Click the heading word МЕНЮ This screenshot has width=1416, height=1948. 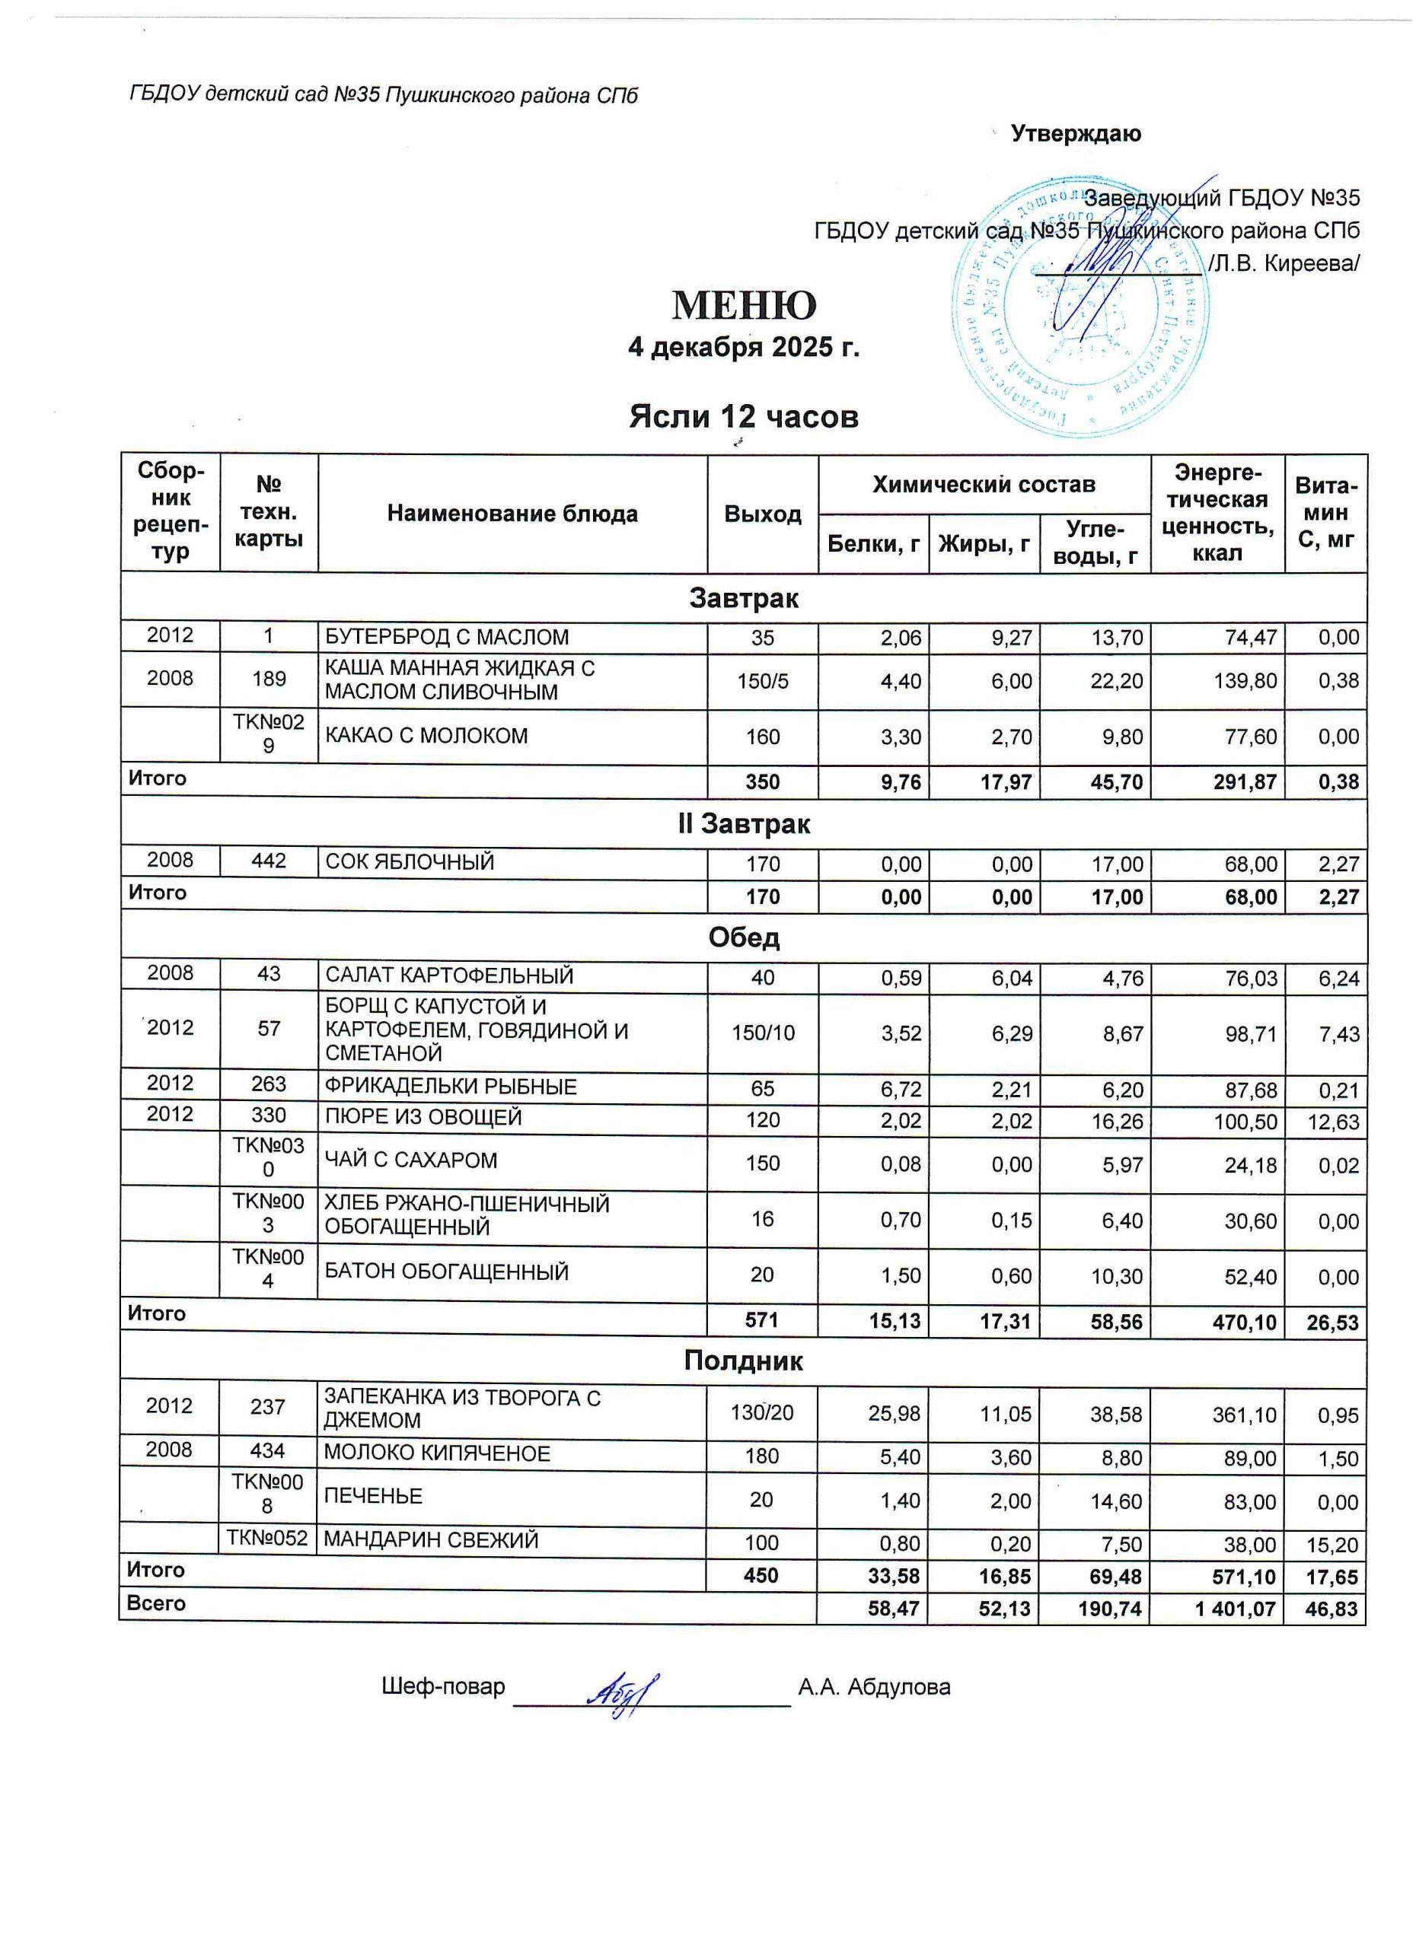pyautogui.click(x=743, y=305)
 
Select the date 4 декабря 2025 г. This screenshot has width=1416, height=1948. pyautogui.click(x=743, y=347)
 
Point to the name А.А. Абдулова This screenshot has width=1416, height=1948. pyautogui.click(x=874, y=1687)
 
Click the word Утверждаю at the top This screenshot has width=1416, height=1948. pyautogui.click(x=1076, y=134)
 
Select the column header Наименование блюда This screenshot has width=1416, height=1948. pyautogui.click(x=512, y=514)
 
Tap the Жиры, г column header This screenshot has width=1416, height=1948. pyautogui.click(x=984, y=543)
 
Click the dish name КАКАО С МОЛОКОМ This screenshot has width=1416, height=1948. pyautogui.click(x=426, y=736)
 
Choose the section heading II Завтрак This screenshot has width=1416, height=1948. pyautogui.click(x=743, y=823)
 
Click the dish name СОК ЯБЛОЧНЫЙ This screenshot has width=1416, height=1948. pyautogui.click(x=410, y=861)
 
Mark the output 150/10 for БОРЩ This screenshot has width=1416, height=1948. pyautogui.click(x=762, y=1033)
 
